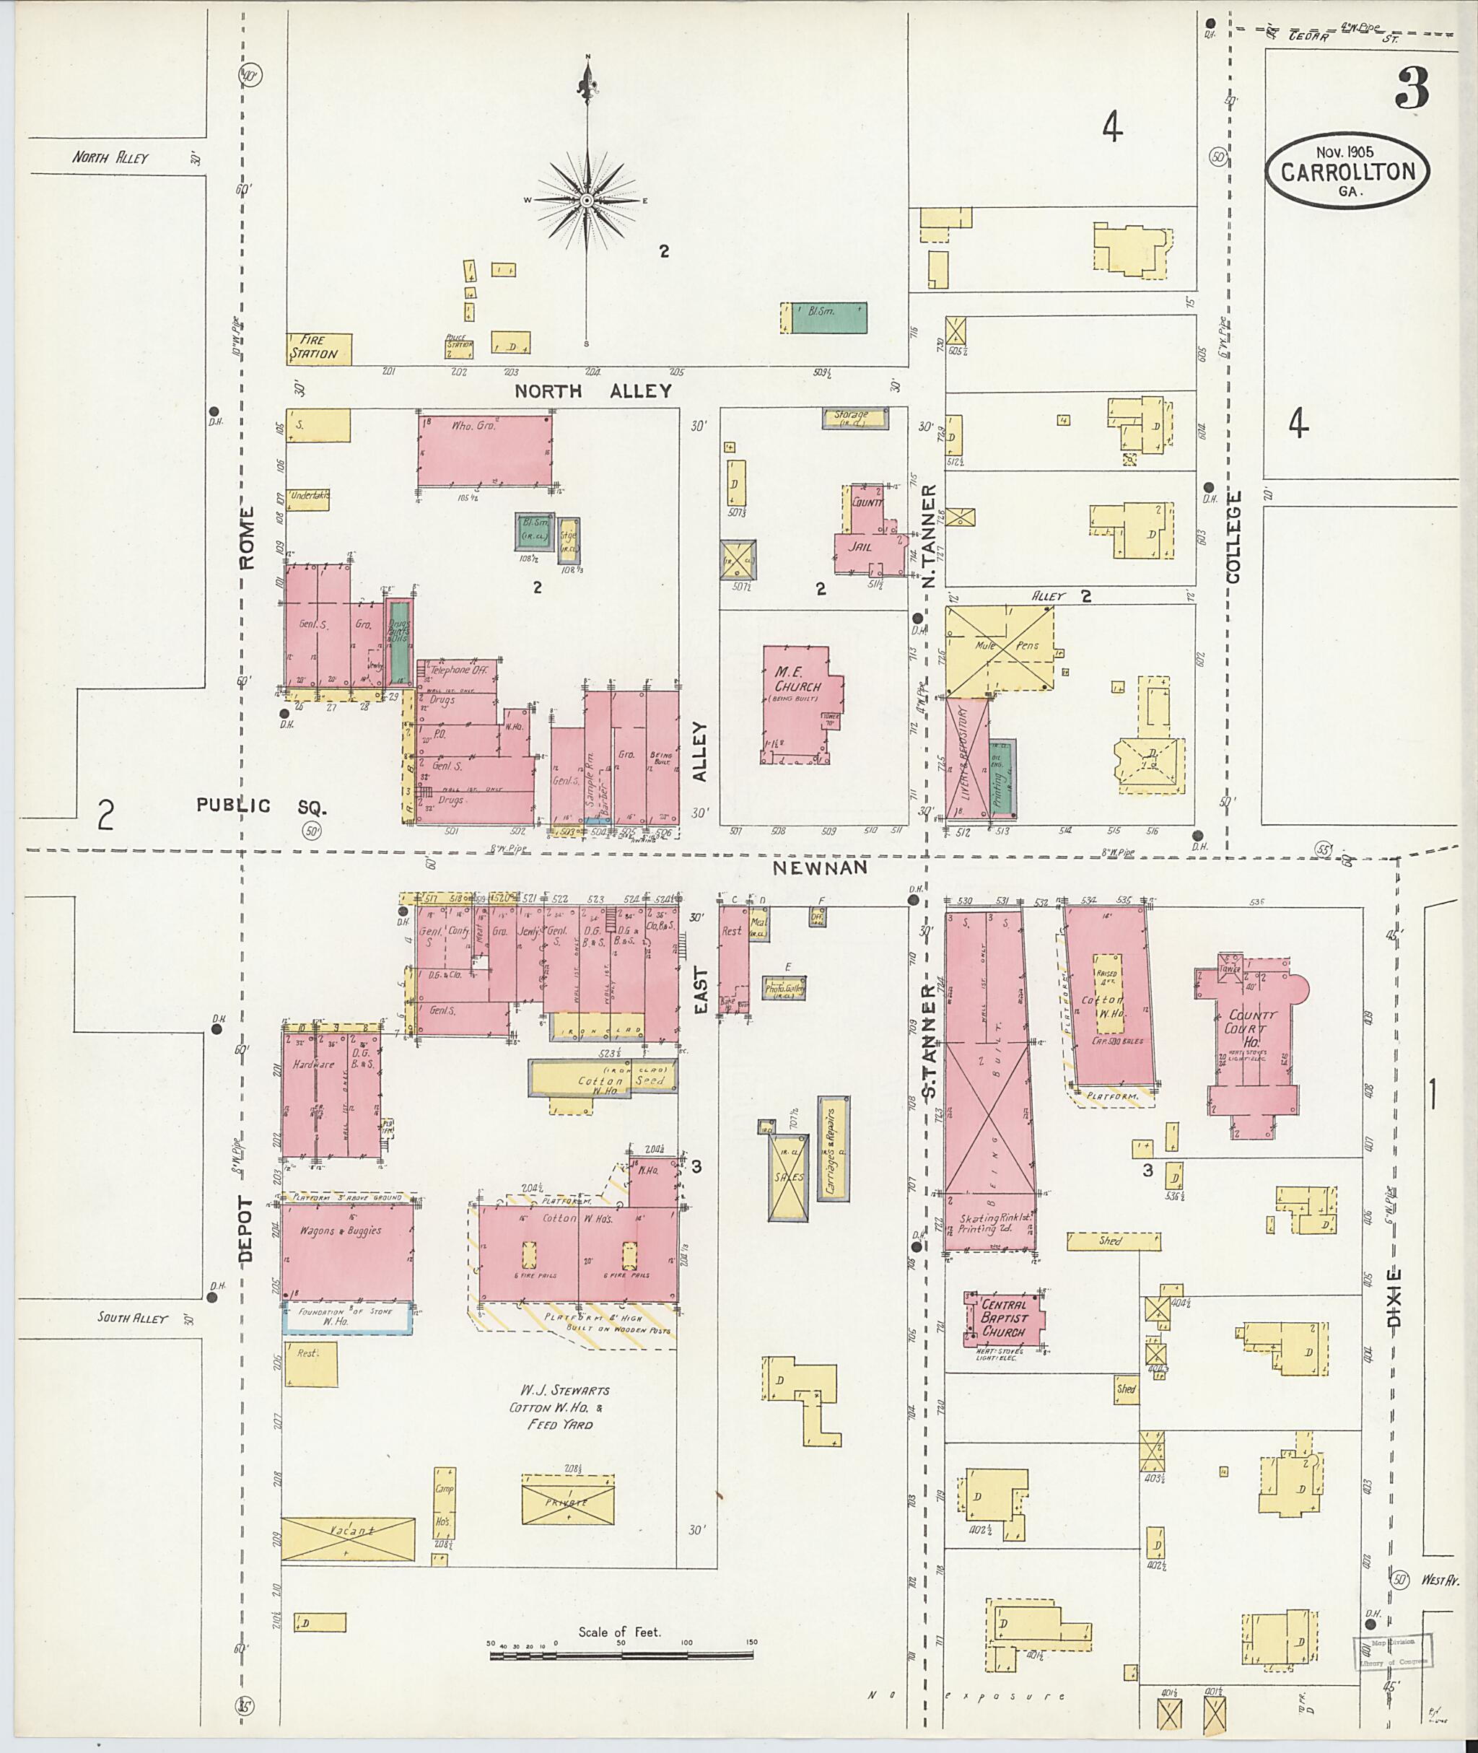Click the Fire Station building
318,349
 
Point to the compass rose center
587,201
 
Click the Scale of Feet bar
621,1655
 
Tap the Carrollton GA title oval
1347,171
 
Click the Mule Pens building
999,651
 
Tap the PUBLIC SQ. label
261,806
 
